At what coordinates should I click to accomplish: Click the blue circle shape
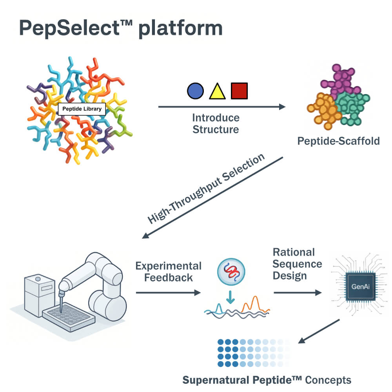pos(195,91)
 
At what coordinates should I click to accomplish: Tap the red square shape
pos(239,91)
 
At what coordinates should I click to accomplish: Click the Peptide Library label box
pos(82,109)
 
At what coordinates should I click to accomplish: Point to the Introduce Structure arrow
pos(221,106)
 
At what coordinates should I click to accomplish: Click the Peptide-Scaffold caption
pos(338,141)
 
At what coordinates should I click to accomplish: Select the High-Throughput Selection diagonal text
pos(206,189)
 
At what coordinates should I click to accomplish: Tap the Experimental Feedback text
pos(169,272)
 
